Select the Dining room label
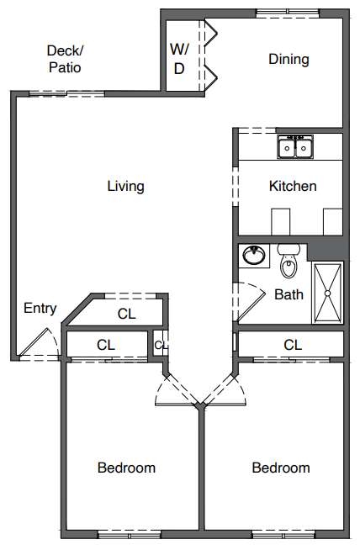tap(289, 59)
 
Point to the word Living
tap(125, 186)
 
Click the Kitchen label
tap(292, 186)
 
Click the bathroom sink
tap(252, 255)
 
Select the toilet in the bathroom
tap(289, 261)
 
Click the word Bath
tap(289, 294)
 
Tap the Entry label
tap(40, 308)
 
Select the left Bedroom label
tap(126, 468)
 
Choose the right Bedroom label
tap(281, 468)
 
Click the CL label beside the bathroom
tap(292, 345)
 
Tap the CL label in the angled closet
tap(126, 315)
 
